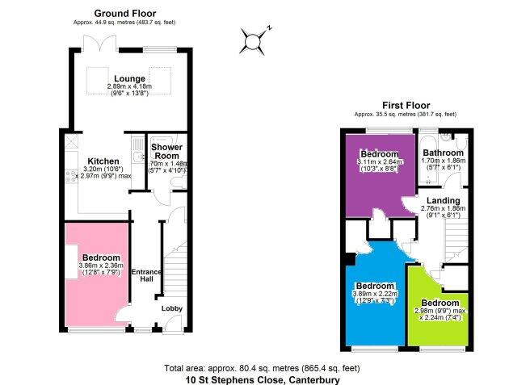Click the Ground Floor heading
(x=125, y=14)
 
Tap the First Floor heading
(x=406, y=106)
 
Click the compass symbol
(x=254, y=41)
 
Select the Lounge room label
(x=129, y=79)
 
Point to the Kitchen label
(x=103, y=161)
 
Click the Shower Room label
(x=166, y=152)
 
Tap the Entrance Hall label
(x=146, y=275)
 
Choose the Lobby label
(x=172, y=308)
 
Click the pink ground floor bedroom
(x=97, y=274)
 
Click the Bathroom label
(x=443, y=153)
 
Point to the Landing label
(x=443, y=201)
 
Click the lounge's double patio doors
(x=100, y=43)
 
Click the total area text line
(x=262, y=368)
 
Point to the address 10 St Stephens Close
(x=234, y=380)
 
